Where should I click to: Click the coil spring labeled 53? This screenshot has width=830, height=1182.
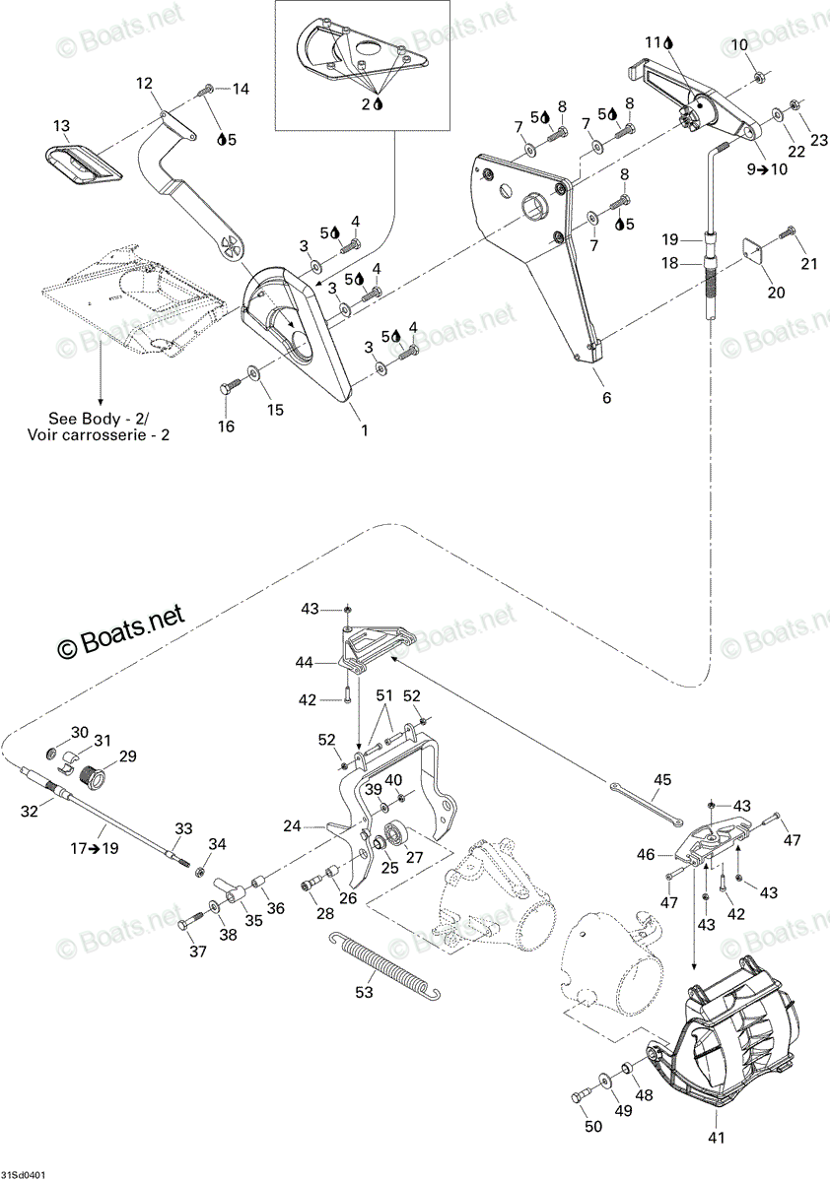point(384,961)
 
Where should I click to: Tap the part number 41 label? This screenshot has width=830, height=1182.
point(716,1138)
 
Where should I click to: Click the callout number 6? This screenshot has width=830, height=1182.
point(606,397)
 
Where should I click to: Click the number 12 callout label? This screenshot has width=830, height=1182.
point(144,83)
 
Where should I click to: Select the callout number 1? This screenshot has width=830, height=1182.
point(364,430)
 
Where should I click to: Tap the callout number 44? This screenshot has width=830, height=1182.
point(306,662)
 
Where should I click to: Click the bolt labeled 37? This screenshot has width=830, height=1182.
point(190,921)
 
